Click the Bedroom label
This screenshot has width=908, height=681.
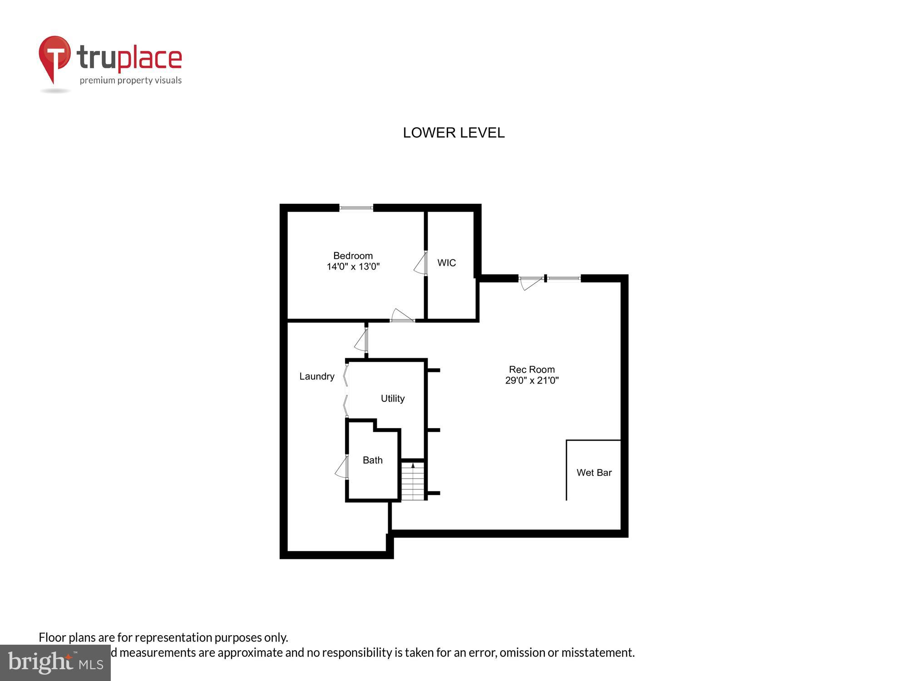click(x=353, y=256)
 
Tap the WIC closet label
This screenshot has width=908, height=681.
click(x=446, y=263)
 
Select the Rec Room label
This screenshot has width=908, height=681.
click(x=532, y=370)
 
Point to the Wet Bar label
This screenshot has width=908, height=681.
click(x=594, y=473)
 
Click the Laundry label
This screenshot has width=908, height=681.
click(x=317, y=376)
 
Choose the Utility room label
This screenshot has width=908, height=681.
click(x=393, y=399)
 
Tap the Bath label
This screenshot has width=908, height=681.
click(x=372, y=460)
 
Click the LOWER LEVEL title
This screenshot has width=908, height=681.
click(x=454, y=133)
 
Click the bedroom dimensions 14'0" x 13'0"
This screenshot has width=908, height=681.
click(x=353, y=266)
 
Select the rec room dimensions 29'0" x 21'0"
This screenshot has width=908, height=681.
click(x=532, y=380)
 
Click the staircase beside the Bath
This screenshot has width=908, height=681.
click(x=413, y=481)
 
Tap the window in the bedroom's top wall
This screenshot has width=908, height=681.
click(x=356, y=208)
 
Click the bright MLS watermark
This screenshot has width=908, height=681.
click(x=55, y=663)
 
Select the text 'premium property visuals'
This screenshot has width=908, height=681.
click(x=131, y=81)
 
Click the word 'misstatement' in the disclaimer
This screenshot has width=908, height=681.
click(x=597, y=652)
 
